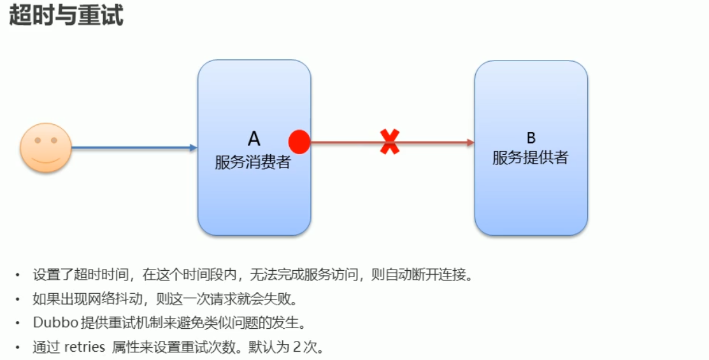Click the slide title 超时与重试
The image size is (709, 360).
[66, 15]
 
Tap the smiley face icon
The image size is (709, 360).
[45, 147]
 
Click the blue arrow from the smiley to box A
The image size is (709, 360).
[134, 148]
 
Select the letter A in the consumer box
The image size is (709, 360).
[254, 140]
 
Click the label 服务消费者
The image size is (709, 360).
[253, 162]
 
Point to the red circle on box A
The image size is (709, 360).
[299, 142]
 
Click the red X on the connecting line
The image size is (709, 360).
[390, 141]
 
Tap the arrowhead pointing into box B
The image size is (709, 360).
[471, 142]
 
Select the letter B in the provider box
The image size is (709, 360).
[531, 138]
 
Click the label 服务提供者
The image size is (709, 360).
[531, 158]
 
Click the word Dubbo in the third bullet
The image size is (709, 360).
[55, 322]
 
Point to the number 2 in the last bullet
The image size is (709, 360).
[296, 347]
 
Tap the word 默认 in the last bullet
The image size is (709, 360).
[259, 347]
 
